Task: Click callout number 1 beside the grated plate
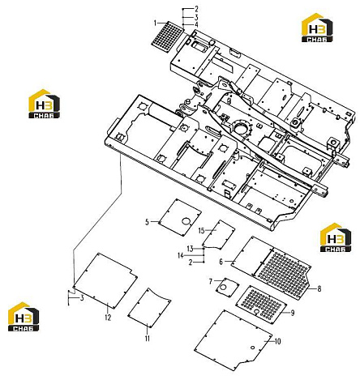click(x=155, y=23)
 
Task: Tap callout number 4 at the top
click(x=196, y=25)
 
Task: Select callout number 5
click(x=147, y=222)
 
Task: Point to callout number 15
click(x=202, y=230)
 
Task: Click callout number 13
click(x=191, y=249)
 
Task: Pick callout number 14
click(x=181, y=255)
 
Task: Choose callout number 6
click(x=221, y=262)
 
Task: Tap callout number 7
click(x=211, y=281)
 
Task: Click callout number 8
click(x=319, y=288)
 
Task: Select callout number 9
click(x=293, y=313)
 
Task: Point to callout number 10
click(x=277, y=341)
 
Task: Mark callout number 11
click(x=148, y=339)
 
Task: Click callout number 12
click(x=108, y=318)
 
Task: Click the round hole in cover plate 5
click(x=186, y=221)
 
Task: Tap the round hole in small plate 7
click(x=223, y=287)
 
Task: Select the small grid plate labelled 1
click(x=166, y=36)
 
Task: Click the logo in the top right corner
click(x=317, y=28)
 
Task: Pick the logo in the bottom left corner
click(x=24, y=317)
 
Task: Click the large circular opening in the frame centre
click(x=241, y=128)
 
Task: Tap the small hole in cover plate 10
click(x=252, y=347)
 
